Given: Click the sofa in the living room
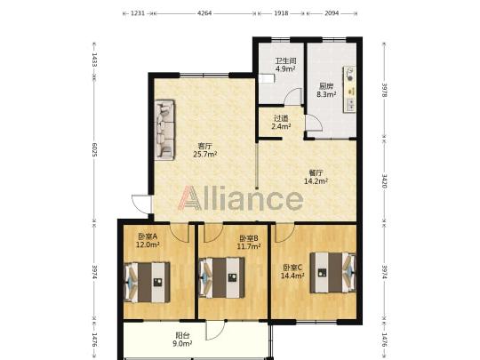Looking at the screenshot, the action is coord(164,130).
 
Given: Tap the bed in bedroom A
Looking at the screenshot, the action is coord(147,282).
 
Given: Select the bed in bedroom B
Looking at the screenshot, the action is coord(222,277).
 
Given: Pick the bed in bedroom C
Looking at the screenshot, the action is coord(332,273).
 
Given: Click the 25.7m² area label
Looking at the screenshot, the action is coord(205,155).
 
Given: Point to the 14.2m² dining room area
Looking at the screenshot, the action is coord(316,181).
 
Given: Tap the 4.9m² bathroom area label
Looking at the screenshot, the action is coord(285,68).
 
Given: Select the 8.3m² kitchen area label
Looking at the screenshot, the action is coord(326,94).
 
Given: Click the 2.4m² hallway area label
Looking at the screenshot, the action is coord(281,126).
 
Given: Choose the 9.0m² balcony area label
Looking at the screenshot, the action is coord(182,343).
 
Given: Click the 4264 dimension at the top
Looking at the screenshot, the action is coord(204,13).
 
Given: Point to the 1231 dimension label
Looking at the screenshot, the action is coord(138,13).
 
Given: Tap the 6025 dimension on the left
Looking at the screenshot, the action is coord(94,149).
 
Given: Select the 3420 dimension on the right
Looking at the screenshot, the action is coord(385,180).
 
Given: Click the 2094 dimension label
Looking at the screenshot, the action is coord(332,13).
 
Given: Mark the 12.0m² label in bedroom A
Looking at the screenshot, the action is coord(148,244).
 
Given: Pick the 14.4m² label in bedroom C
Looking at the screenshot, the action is coord(292,276).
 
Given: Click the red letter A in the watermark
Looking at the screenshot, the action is coord(190,198).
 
